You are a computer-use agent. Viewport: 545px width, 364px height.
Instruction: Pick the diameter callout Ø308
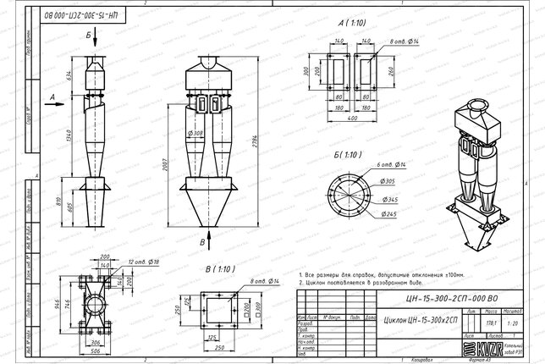pyautogui.click(x=195, y=134)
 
